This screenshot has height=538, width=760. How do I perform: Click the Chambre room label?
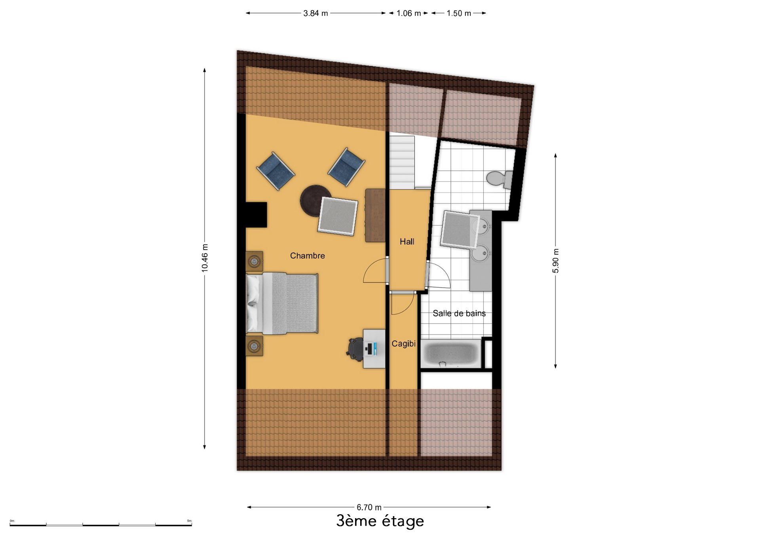coord(307,256)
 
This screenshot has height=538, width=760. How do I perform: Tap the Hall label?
coord(407,242)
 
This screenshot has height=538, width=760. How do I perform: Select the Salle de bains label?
coord(459,313)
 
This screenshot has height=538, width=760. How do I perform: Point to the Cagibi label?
coord(403,344)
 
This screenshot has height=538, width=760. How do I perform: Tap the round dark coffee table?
coord(315,200)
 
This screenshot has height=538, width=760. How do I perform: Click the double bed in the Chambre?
coord(282,303)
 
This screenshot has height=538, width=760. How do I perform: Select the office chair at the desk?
coord(355,349)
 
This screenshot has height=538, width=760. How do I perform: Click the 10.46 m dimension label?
coord(205,258)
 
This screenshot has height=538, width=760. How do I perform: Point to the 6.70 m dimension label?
coord(369,507)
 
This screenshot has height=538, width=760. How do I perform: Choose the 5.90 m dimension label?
coord(556,261)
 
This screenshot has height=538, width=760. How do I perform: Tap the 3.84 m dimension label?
coord(315,13)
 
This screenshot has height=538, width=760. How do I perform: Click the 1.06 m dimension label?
coord(408,13)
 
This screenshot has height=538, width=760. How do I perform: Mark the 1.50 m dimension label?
coord(459,13)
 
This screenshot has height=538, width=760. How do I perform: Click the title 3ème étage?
coord(380,521)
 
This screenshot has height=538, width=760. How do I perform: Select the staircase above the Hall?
coord(402,162)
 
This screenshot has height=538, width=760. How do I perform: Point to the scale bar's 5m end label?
coord(189,521)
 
